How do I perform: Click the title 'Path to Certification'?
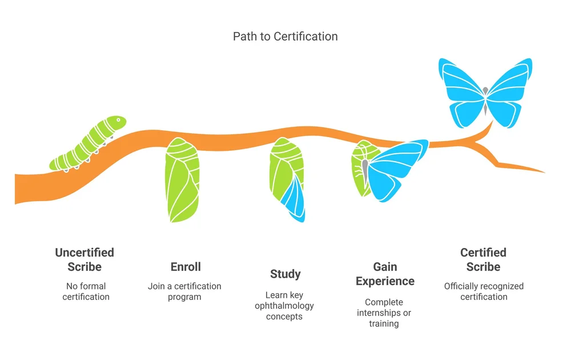(285, 37)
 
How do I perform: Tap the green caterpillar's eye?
(119, 121)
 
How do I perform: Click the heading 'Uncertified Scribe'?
(85, 259)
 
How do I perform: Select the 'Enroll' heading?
(186, 267)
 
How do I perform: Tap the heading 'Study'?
(285, 274)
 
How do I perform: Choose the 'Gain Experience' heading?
(385, 274)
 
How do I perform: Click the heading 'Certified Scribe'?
(483, 259)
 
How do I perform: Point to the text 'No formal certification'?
(85, 291)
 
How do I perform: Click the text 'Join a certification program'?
(184, 291)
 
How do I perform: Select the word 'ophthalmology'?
(284, 306)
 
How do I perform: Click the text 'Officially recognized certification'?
(484, 291)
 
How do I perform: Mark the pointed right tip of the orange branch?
(543, 171)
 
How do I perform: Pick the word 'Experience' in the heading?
(385, 281)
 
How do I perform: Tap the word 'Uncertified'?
(85, 253)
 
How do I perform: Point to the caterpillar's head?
(116, 123)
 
